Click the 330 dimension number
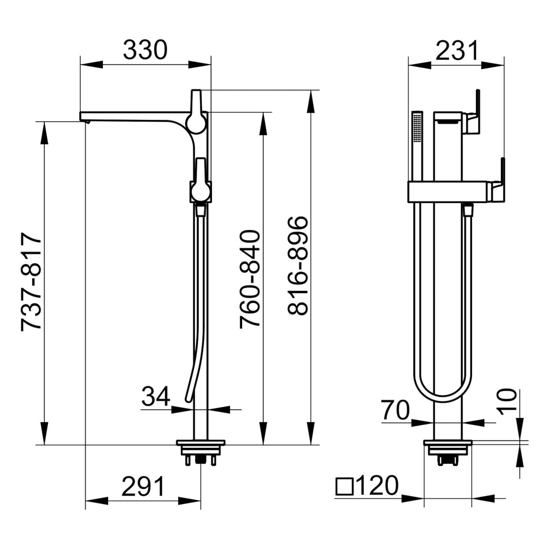[x=145, y=50]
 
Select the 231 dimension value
[x=457, y=50]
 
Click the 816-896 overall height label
[x=298, y=266]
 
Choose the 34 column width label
[x=156, y=396]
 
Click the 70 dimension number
[x=395, y=410]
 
